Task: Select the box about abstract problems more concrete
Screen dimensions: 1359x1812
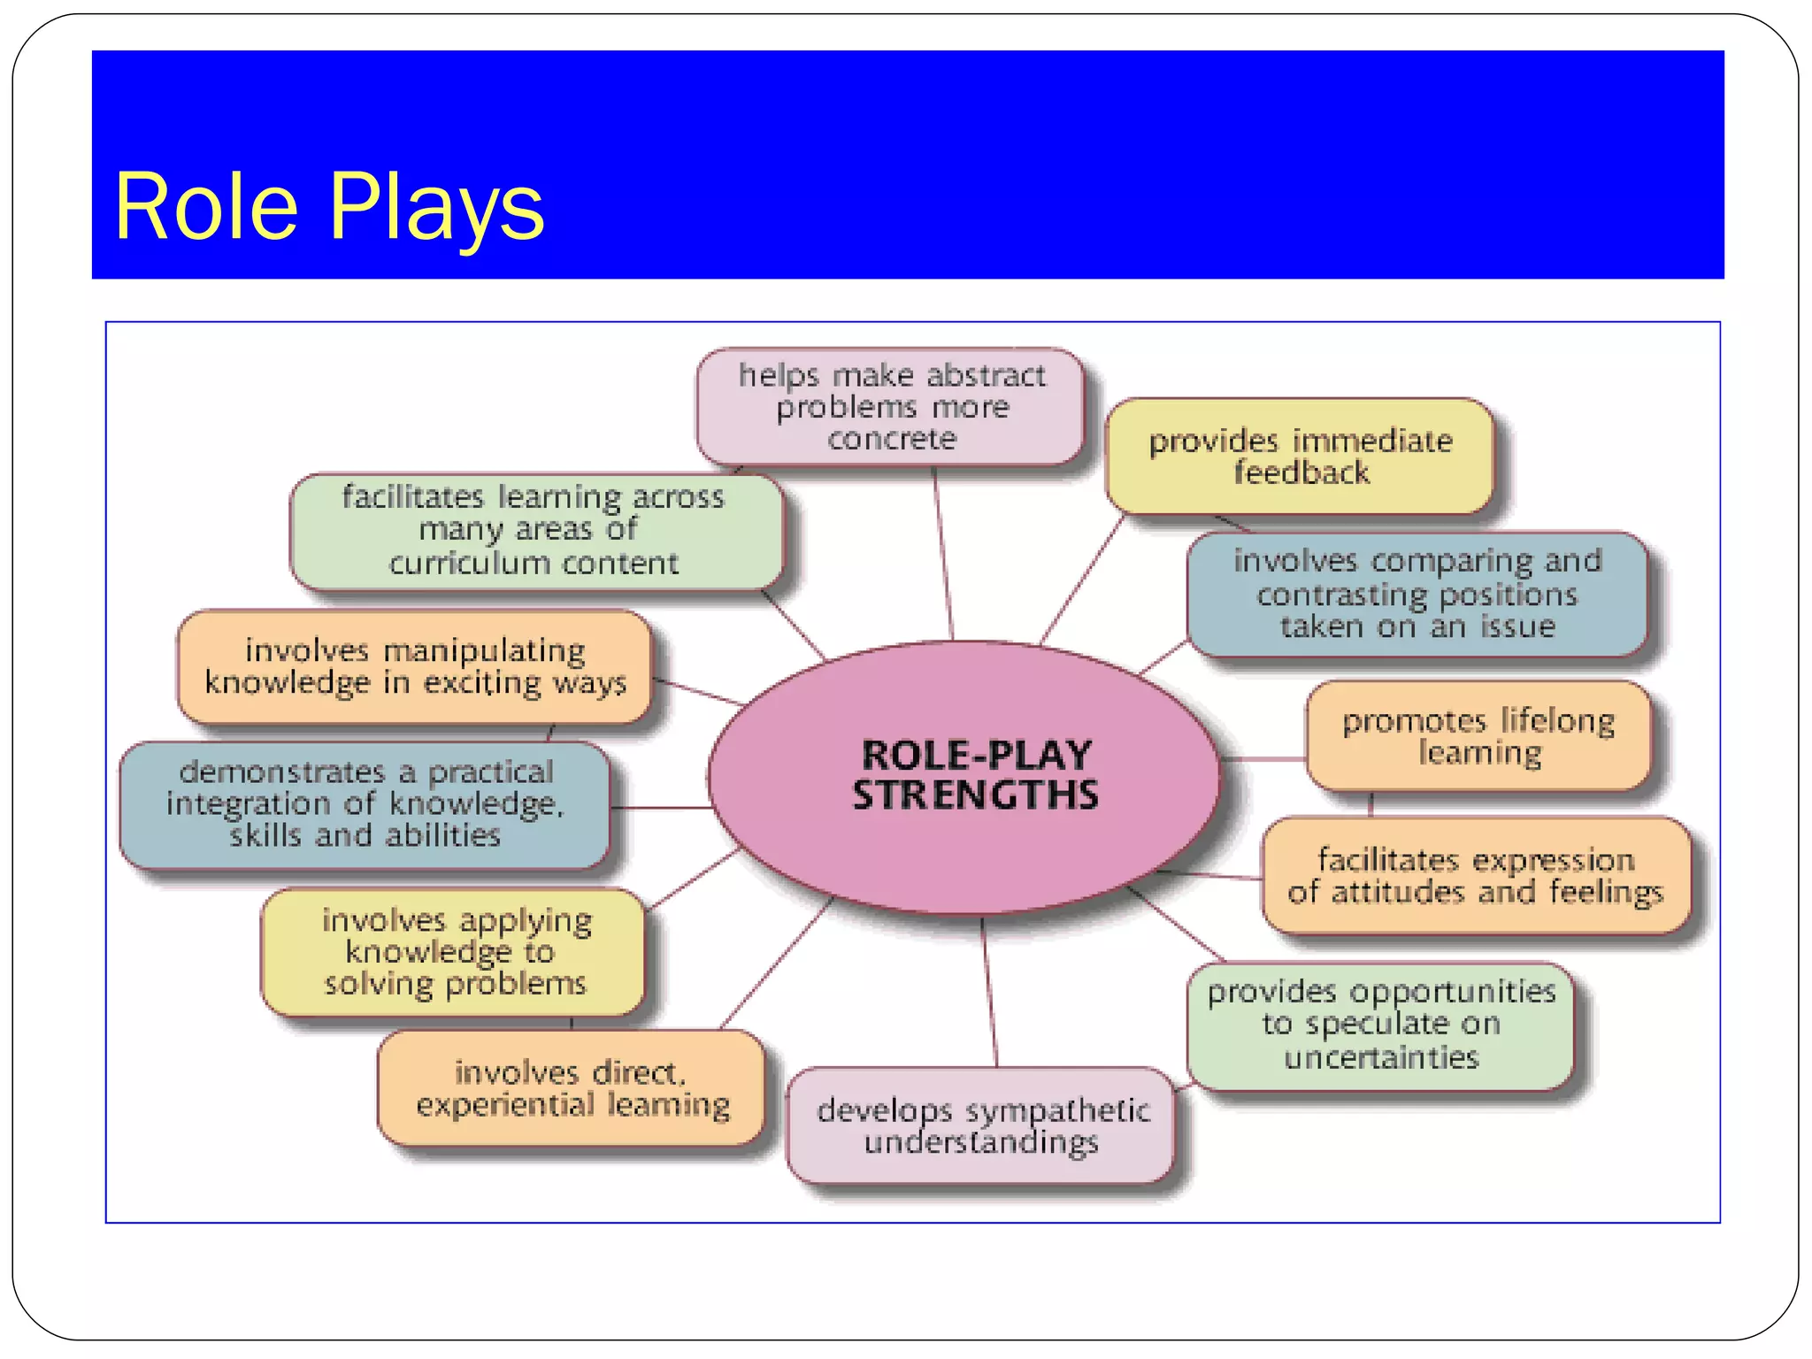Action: point(890,407)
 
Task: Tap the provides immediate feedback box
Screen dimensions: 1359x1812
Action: point(1299,457)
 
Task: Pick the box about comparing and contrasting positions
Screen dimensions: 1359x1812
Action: point(1417,595)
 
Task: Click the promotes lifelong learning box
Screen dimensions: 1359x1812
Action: point(1478,736)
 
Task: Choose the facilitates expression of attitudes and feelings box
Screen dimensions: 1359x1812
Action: point(1475,876)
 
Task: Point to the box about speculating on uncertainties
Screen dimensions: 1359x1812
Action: point(1380,1025)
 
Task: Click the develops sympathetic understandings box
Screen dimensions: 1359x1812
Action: point(981,1125)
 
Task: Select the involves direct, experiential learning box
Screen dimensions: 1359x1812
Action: point(572,1088)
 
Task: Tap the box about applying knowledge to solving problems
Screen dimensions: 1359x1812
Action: point(455,952)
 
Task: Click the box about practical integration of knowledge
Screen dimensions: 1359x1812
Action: point(365,803)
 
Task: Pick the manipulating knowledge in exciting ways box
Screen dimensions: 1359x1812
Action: point(414,667)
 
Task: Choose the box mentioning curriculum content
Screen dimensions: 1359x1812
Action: point(534,531)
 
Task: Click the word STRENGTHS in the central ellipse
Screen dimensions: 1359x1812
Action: point(975,795)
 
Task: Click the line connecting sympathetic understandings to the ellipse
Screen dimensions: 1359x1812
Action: point(989,991)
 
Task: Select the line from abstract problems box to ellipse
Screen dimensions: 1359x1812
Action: point(942,553)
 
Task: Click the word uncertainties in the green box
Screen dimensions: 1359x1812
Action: point(1380,1057)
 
